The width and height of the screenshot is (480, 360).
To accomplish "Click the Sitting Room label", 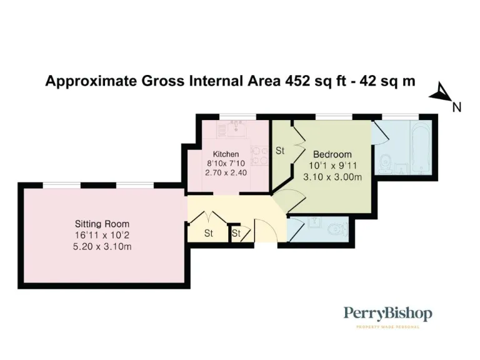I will pyautogui.click(x=102, y=224).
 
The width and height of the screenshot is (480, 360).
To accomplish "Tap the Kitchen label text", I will pyautogui.click(x=226, y=154).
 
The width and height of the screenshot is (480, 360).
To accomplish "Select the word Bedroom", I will pyautogui.click(x=332, y=154).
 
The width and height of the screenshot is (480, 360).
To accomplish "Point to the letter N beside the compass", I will pyautogui.click(x=457, y=107).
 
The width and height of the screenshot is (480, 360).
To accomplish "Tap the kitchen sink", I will pyautogui.click(x=236, y=129).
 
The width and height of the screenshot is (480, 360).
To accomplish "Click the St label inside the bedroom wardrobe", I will pyautogui.click(x=280, y=151).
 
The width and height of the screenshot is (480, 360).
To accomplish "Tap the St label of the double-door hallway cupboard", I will pyautogui.click(x=208, y=234).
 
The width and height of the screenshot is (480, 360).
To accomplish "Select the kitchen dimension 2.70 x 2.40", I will pyautogui.click(x=226, y=173).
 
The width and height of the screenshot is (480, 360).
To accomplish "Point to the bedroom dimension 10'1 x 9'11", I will pyautogui.click(x=332, y=166).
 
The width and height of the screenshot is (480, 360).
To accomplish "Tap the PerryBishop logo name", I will pyautogui.click(x=387, y=314).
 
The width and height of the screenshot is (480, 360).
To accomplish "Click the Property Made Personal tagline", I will pyautogui.click(x=387, y=327).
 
